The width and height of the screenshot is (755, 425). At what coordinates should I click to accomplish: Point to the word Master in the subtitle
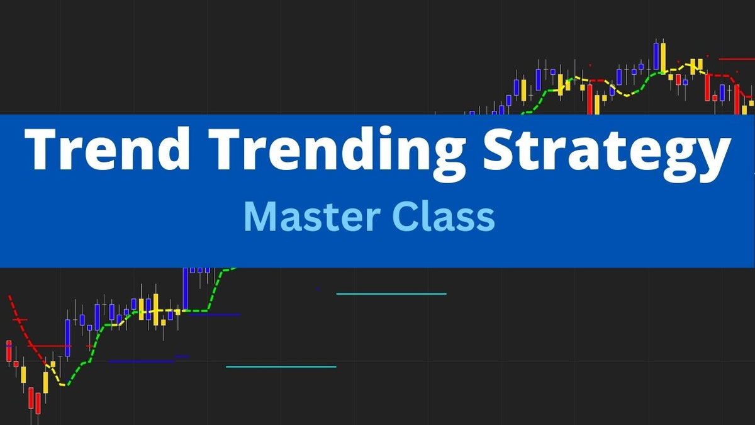(x=311, y=217)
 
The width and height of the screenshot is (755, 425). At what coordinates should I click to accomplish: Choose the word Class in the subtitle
(x=443, y=217)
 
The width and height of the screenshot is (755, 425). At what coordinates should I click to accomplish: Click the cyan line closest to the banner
(x=391, y=294)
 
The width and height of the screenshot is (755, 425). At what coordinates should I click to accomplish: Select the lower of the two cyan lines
(x=281, y=366)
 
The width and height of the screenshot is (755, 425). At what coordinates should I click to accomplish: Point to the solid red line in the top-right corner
(x=736, y=59)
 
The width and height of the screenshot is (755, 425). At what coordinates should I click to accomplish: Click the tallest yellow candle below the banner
(x=155, y=309)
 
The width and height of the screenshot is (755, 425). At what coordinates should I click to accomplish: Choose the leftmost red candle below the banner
(x=9, y=351)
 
